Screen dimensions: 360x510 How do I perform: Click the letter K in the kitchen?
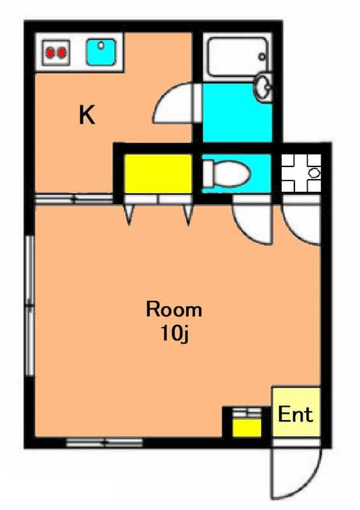pyautogui.click(x=87, y=115)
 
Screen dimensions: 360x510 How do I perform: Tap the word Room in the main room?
pyautogui.click(x=174, y=309)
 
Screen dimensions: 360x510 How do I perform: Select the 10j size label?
pyautogui.click(x=175, y=333)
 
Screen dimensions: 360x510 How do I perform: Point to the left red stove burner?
pyautogui.click(x=50, y=52)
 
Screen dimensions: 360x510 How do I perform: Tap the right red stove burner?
pyautogui.click(x=61, y=52)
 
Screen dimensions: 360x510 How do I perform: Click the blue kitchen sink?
pyautogui.click(x=101, y=52)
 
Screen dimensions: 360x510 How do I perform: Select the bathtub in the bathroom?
pyautogui.click(x=238, y=57)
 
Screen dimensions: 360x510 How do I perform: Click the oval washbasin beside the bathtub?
pyautogui.click(x=263, y=87)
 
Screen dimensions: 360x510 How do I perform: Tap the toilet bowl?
pyautogui.click(x=227, y=173)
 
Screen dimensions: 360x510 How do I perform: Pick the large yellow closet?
pyautogui.click(x=158, y=173)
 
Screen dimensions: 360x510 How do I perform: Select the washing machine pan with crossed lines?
pyautogui.click(x=301, y=173)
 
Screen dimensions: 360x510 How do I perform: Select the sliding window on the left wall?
pyautogui.click(x=30, y=306)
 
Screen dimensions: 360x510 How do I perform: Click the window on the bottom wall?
pyautogui.click(x=104, y=442)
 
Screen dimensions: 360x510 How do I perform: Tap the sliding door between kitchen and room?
pyautogui.click(x=74, y=198)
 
